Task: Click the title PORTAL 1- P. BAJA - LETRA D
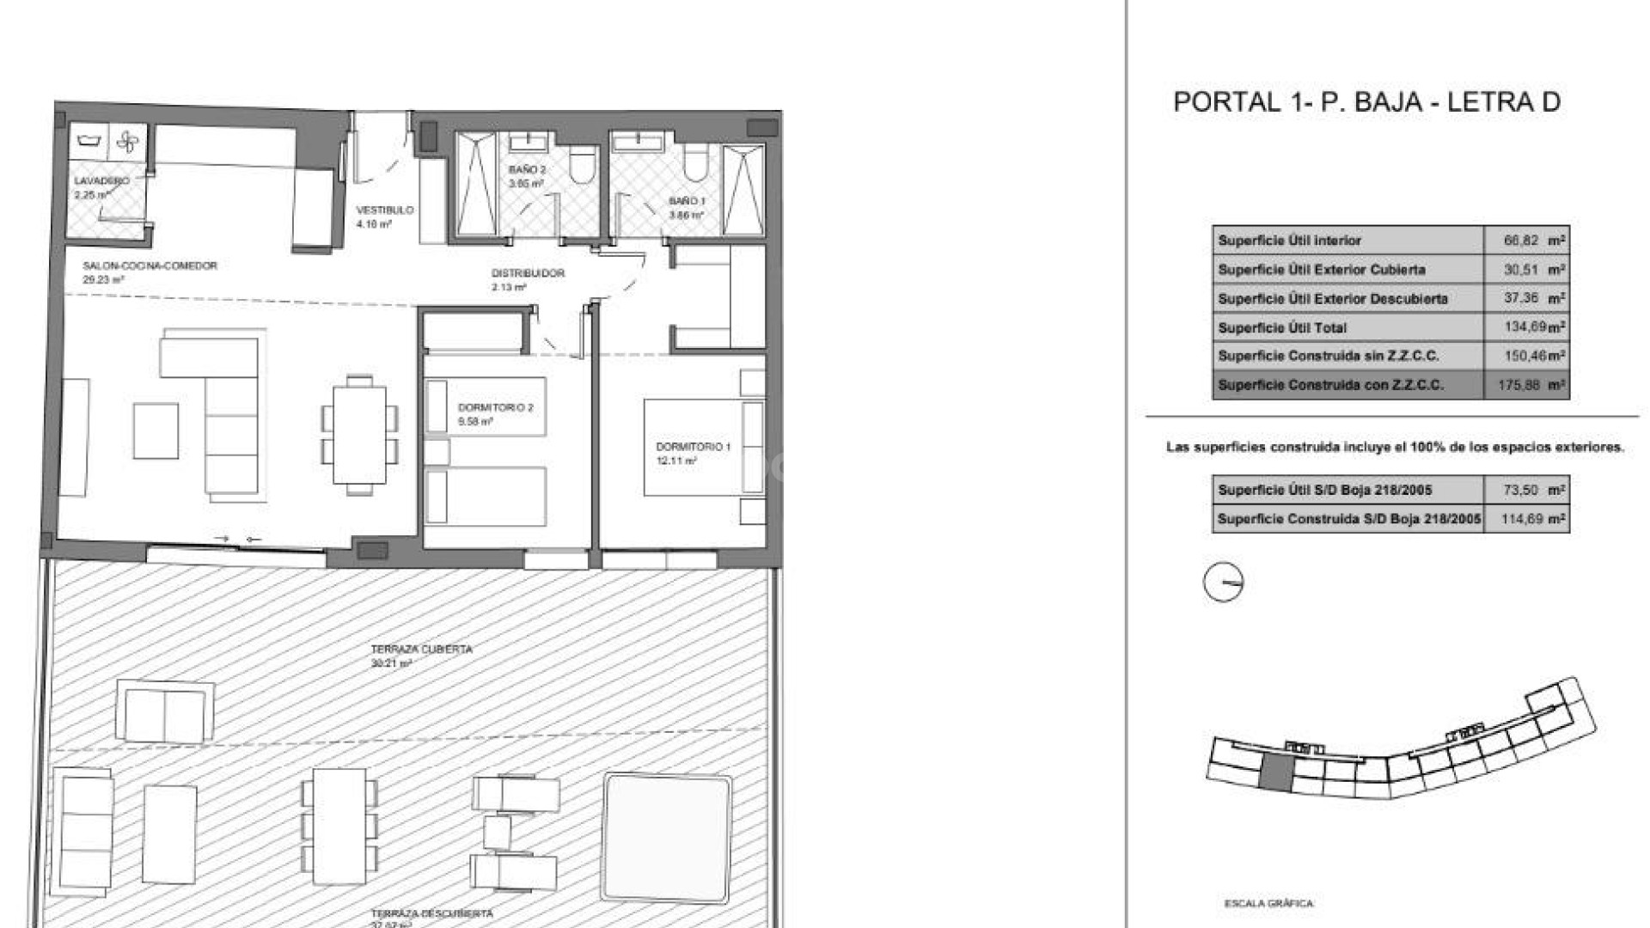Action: (1366, 102)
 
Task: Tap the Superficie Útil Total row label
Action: (1282, 327)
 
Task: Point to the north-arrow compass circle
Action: (1223, 583)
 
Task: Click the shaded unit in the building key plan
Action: (1276, 774)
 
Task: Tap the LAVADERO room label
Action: (101, 181)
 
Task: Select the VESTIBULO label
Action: (385, 210)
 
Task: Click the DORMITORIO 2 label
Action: (495, 407)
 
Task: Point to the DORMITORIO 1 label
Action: (693, 447)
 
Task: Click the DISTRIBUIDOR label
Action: (528, 273)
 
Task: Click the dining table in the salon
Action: (359, 435)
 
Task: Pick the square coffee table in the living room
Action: (156, 431)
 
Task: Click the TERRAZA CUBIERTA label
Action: (421, 650)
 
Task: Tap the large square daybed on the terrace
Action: (667, 823)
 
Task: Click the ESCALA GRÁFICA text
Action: (1268, 903)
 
